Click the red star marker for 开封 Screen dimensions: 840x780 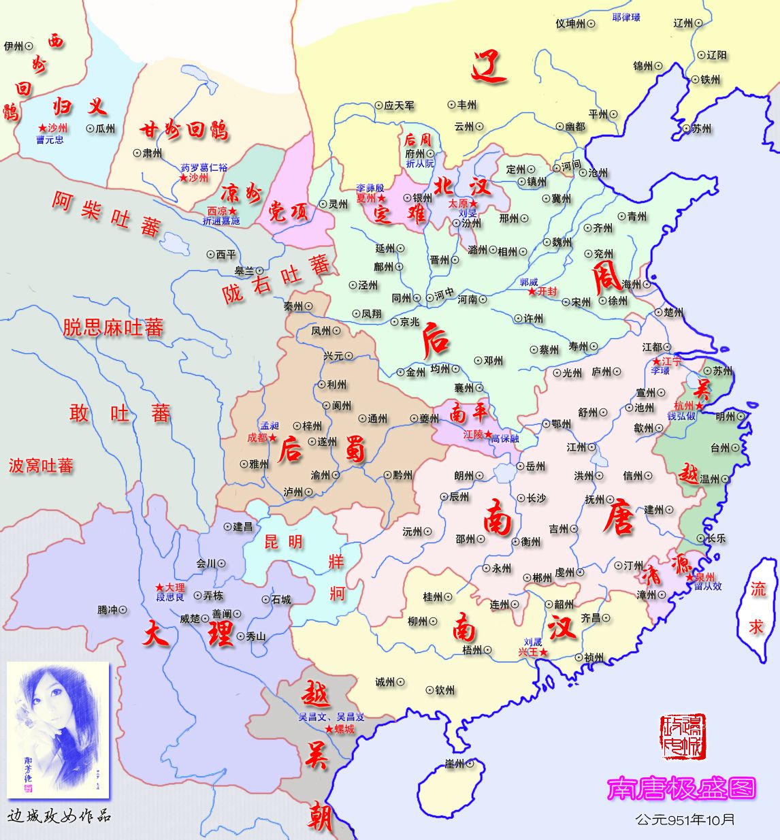coord(532,291)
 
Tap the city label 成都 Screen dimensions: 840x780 coord(257,438)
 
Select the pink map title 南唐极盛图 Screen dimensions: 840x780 coord(681,788)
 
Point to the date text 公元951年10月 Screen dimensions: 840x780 coord(685,819)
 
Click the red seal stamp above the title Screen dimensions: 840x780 coord(683,737)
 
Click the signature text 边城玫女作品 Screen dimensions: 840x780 coord(59,816)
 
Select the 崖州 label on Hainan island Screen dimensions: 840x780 coord(454,764)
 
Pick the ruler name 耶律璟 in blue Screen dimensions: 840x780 coord(625,17)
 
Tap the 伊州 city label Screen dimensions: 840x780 coord(14,46)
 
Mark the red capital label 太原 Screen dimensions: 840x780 coord(458,204)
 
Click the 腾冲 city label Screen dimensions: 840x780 coord(108,610)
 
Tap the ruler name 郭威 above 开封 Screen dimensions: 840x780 coord(529,282)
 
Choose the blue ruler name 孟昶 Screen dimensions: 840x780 coord(270,426)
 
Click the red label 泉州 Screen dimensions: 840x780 coord(704,577)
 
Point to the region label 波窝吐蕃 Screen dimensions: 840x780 coord(41,466)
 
